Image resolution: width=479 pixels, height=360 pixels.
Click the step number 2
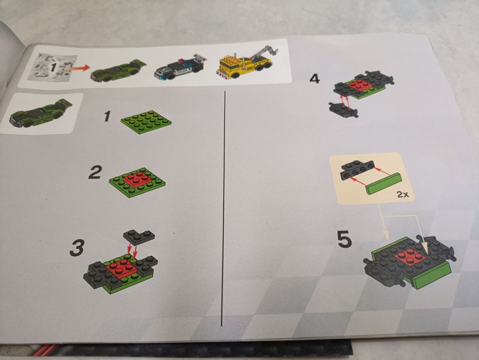pos(95,172)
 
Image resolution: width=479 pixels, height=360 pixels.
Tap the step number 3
pos(77,248)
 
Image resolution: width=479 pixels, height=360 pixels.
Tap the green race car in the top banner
pos(116,71)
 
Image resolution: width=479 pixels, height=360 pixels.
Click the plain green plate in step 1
pos(146,121)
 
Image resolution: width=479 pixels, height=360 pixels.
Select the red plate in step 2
pos(137,179)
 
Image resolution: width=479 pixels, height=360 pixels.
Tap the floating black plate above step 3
pos(139,236)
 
